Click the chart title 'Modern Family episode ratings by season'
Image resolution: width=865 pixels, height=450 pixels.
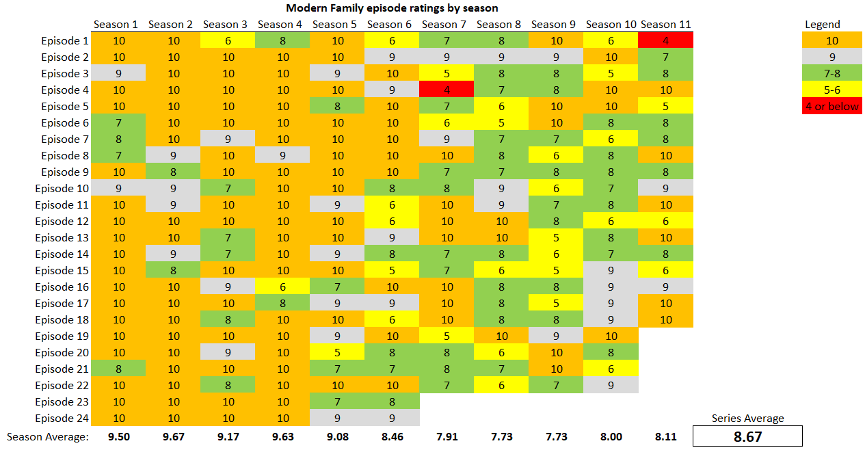(x=391, y=8)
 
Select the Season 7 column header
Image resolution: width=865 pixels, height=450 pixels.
(x=444, y=25)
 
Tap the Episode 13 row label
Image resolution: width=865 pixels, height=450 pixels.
(x=62, y=238)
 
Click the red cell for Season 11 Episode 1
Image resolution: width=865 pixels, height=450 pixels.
(x=666, y=41)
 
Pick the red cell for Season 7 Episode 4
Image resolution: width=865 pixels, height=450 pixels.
(x=447, y=90)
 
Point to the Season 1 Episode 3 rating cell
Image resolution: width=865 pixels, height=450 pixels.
(x=119, y=74)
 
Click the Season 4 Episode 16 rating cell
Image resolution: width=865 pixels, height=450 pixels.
(x=282, y=287)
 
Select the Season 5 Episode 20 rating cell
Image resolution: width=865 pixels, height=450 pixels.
(x=337, y=353)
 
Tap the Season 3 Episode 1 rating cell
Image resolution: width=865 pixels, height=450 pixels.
(x=228, y=41)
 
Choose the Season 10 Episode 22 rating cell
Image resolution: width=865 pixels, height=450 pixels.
(x=611, y=386)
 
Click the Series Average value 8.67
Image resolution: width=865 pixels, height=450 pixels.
(x=747, y=436)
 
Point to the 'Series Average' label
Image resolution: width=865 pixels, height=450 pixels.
(x=747, y=419)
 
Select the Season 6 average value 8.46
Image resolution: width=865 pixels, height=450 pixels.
(x=392, y=437)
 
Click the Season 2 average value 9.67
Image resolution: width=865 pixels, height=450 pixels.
(x=174, y=437)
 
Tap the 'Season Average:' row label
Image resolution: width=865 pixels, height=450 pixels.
(x=48, y=437)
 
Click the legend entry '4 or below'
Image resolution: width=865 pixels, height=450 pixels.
(x=832, y=107)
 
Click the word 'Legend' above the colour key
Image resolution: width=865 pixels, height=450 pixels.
(x=823, y=25)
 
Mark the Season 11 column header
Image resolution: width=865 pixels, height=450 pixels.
(x=666, y=25)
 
